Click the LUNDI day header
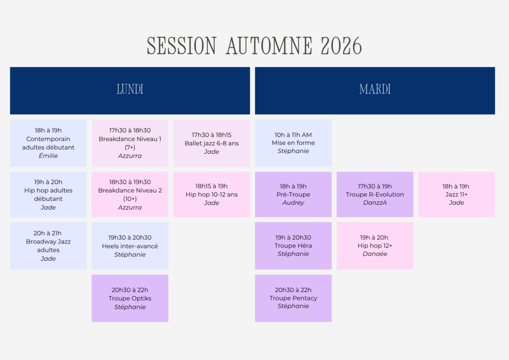click(x=130, y=90)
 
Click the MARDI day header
click(x=375, y=90)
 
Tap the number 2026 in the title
click(x=341, y=46)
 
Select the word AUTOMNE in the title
click(x=269, y=46)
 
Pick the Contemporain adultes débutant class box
click(x=48, y=143)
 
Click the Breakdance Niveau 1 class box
click(x=130, y=143)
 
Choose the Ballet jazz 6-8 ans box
click(x=212, y=143)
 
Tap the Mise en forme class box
click(x=293, y=143)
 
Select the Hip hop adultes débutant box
click(x=48, y=194)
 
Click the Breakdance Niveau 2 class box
click(x=130, y=194)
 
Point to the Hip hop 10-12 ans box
click(x=212, y=194)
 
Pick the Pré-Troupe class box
click(x=293, y=194)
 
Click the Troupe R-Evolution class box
click(x=375, y=194)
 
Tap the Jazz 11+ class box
click(x=457, y=194)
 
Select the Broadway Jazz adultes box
click(x=48, y=246)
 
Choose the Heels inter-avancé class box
click(x=130, y=246)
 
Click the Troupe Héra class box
click(x=293, y=246)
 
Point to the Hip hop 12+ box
click(x=375, y=246)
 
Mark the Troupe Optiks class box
click(x=130, y=298)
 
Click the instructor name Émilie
click(x=48, y=156)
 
